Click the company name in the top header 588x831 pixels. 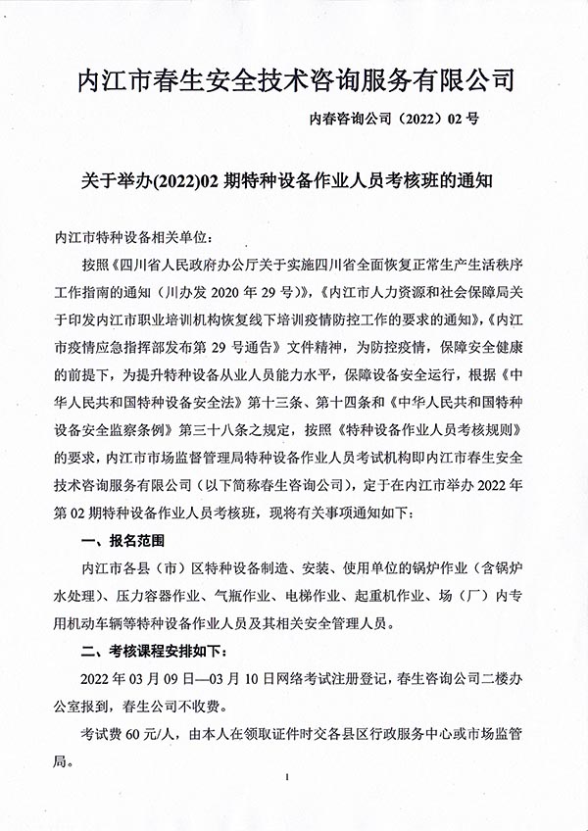click(x=294, y=80)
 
